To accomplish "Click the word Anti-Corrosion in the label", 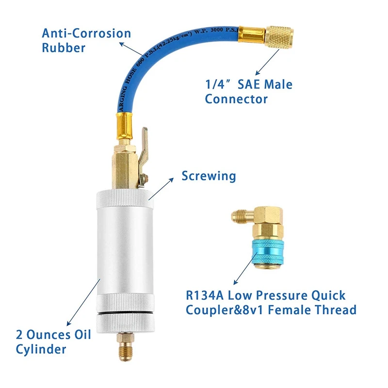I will pyautogui.click(x=86, y=33).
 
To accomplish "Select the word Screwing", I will pyautogui.click(x=209, y=175).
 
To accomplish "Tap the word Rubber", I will pyautogui.click(x=64, y=48).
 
